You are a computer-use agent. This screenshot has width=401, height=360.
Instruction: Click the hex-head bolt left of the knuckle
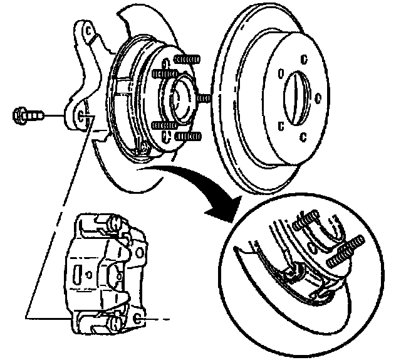(x=26, y=115)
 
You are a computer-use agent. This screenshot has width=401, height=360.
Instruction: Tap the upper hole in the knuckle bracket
(x=89, y=32)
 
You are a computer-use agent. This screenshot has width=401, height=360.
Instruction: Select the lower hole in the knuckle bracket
(x=82, y=116)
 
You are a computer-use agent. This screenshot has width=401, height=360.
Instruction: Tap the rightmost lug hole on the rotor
(x=320, y=98)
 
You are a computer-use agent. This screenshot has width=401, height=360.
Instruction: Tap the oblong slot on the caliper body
(x=76, y=276)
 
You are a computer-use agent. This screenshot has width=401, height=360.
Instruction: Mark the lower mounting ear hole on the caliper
(x=138, y=320)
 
